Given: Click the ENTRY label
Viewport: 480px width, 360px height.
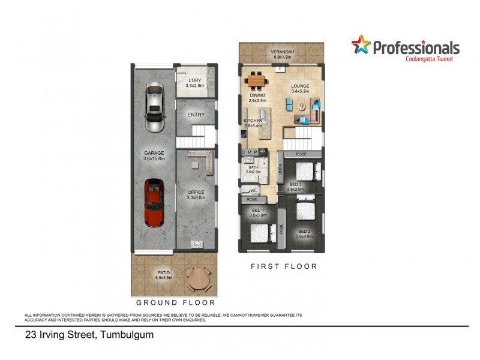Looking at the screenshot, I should point(196,115).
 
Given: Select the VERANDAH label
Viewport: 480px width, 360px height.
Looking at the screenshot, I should point(282,52).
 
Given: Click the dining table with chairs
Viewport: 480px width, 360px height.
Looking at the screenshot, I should point(257,79).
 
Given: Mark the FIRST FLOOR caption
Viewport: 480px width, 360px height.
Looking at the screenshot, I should point(284,266).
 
